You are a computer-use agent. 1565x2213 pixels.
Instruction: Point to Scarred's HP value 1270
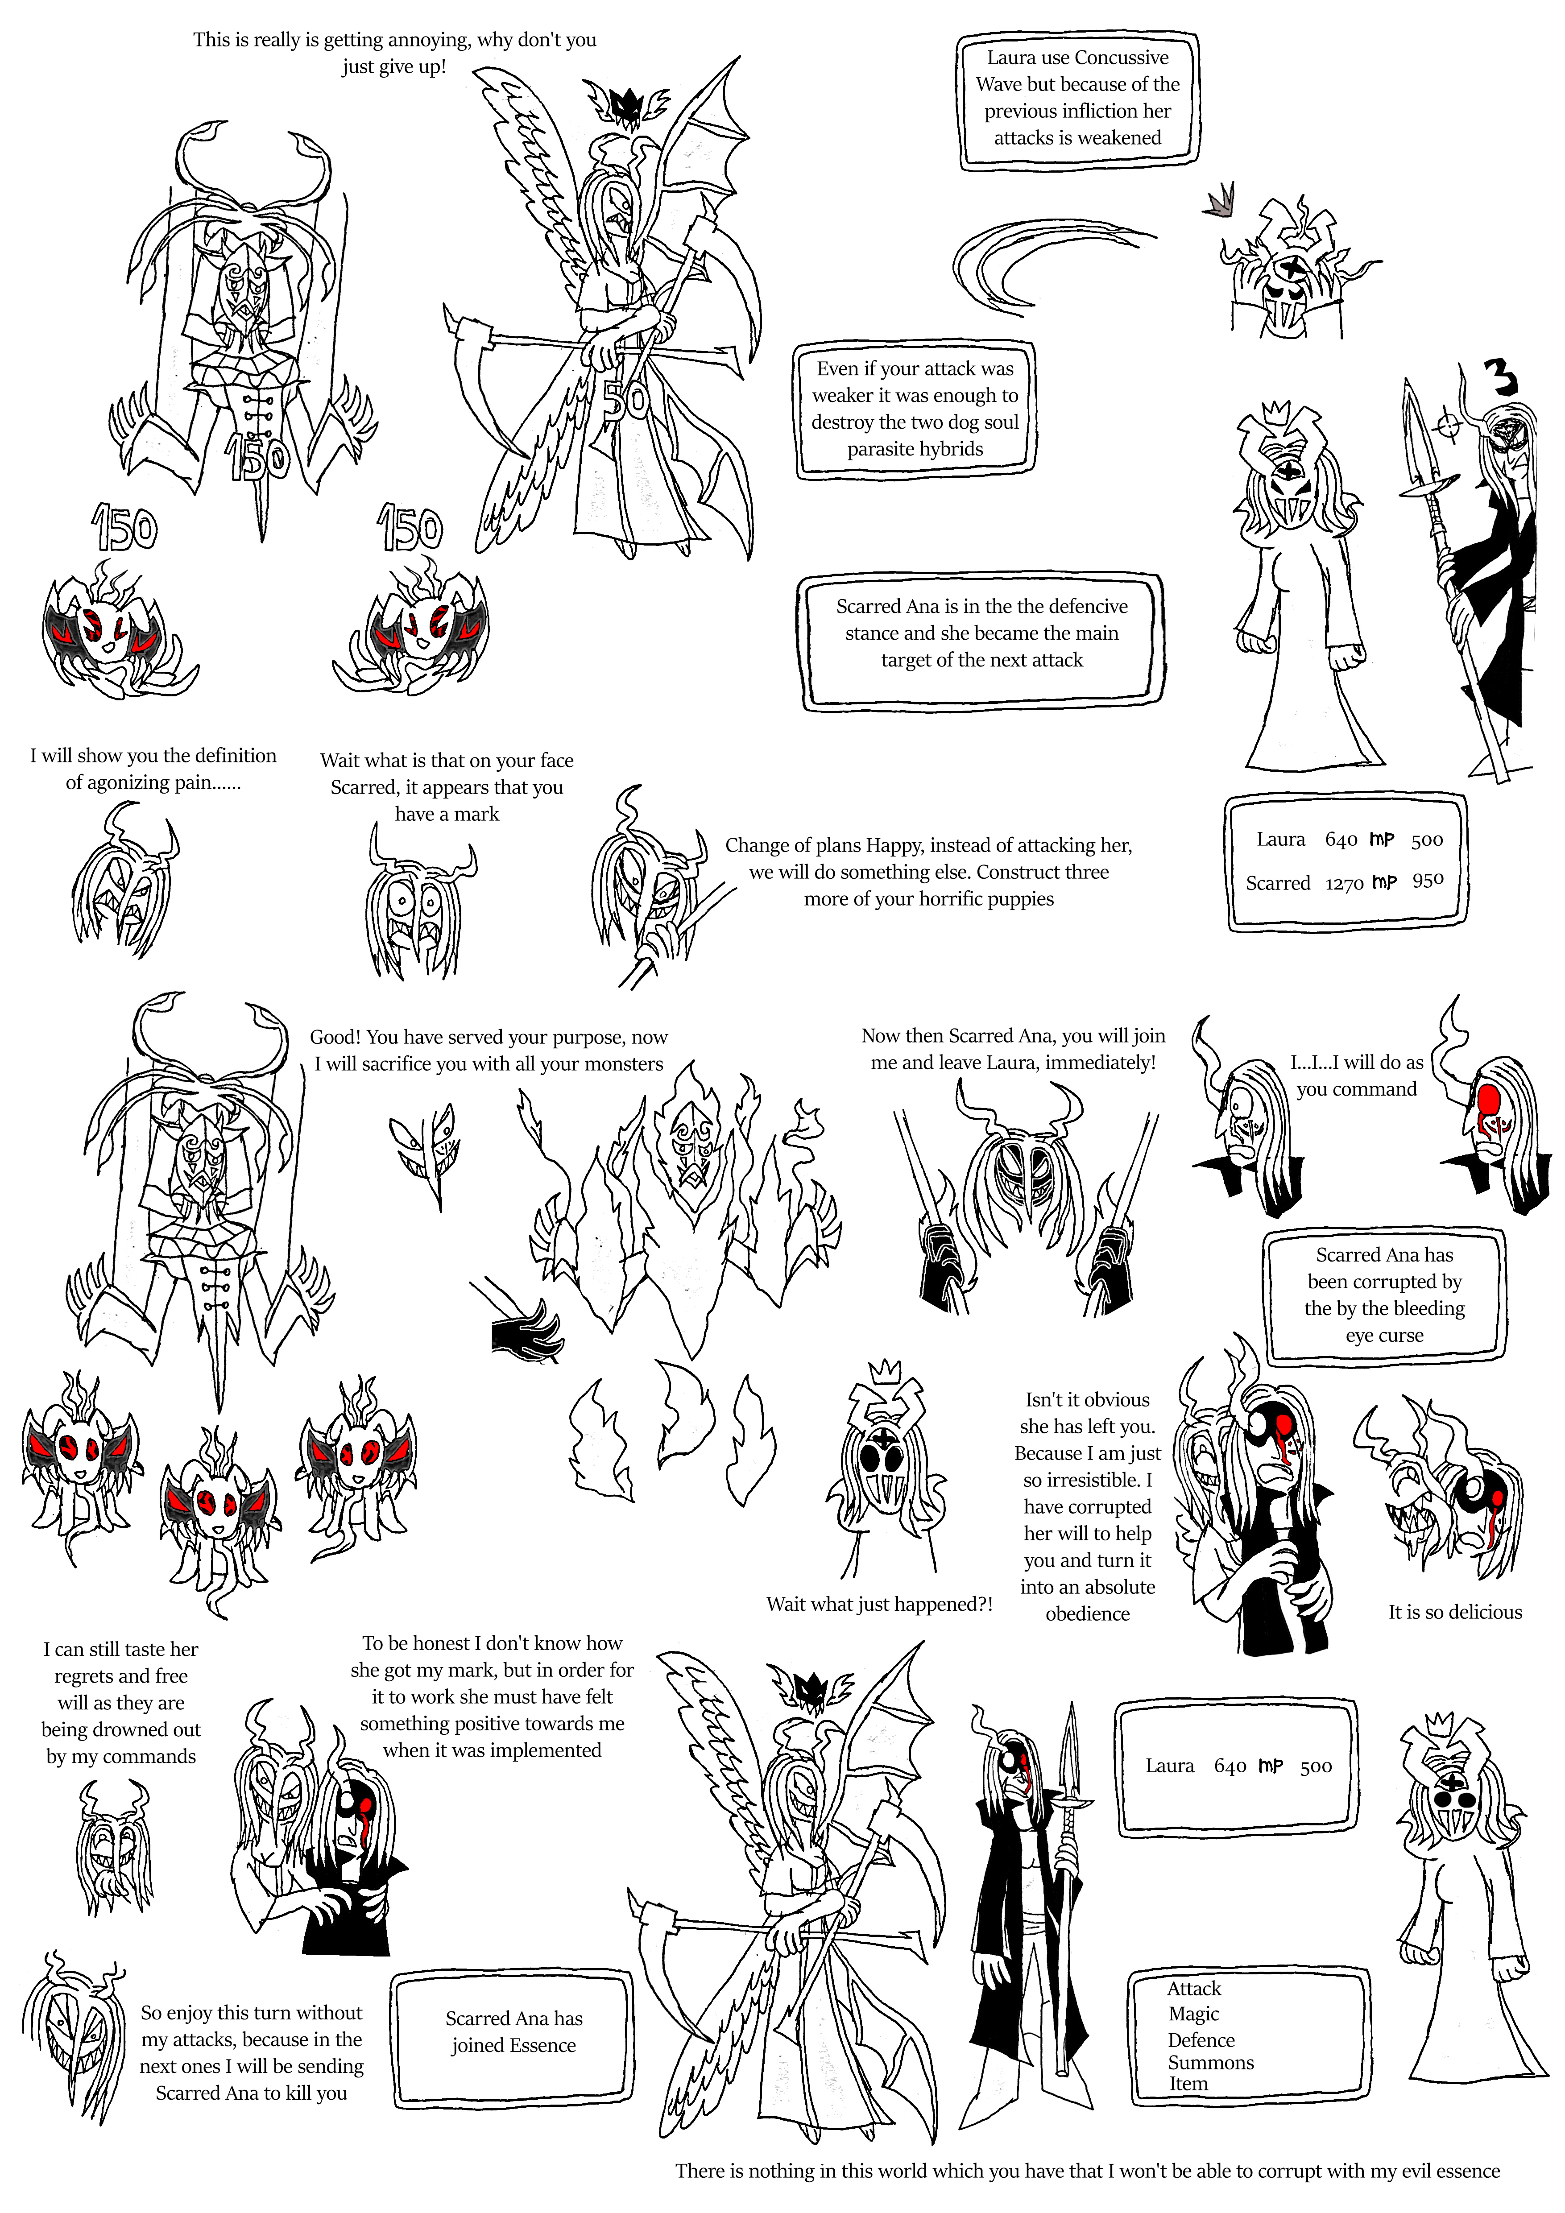point(1344,883)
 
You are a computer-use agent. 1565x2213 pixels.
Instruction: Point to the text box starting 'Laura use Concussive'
point(1077,100)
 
